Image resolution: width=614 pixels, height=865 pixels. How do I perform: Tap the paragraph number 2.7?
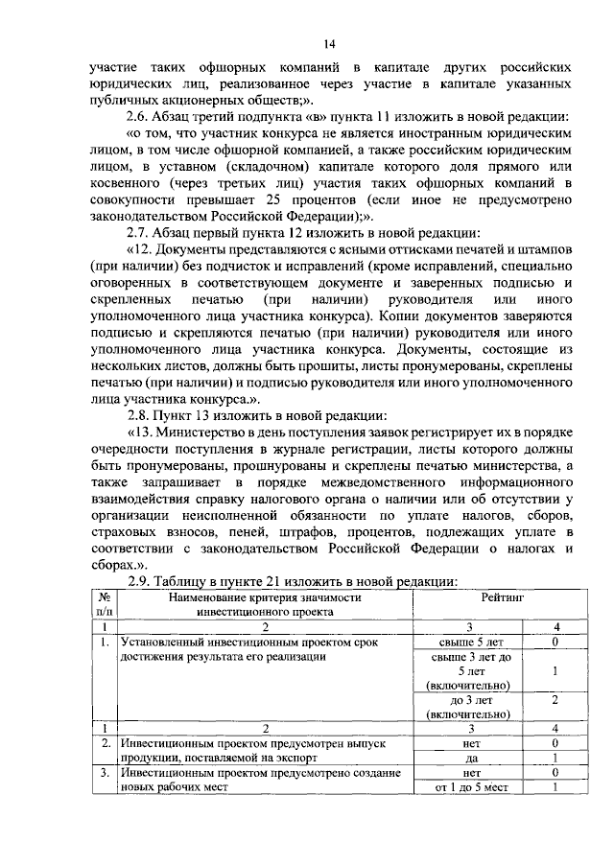click(141, 232)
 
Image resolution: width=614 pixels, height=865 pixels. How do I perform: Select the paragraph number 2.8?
click(141, 415)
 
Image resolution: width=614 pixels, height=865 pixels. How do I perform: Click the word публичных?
click(122, 99)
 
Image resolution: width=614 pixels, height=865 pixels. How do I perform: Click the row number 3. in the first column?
click(104, 772)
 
